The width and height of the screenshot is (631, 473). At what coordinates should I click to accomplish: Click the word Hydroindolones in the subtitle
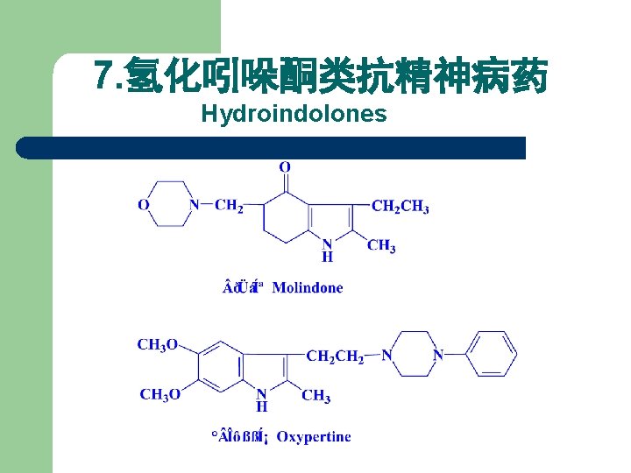click(294, 115)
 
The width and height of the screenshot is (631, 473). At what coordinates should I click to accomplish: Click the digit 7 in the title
click(104, 77)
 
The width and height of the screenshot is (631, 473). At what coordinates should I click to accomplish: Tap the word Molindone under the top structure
click(308, 288)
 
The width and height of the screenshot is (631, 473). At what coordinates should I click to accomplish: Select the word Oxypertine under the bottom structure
click(313, 436)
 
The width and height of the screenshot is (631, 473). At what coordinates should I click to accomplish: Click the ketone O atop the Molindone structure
click(285, 166)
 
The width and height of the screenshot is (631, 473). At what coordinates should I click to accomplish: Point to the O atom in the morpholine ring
click(144, 205)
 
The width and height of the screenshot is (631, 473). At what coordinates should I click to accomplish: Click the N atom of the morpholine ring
click(195, 205)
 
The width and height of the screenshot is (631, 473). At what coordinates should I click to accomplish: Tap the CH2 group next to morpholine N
click(230, 206)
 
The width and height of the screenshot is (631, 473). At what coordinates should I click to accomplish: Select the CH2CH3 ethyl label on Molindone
click(401, 207)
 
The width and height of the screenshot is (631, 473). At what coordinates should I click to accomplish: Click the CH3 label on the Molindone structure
click(380, 246)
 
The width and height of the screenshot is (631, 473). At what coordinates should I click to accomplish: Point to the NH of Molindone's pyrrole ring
click(327, 250)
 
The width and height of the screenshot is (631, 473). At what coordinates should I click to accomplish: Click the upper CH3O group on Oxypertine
click(158, 344)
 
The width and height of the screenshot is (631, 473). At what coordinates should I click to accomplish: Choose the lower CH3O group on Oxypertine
click(160, 394)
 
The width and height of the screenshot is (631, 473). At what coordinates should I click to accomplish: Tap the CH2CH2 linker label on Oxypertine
click(335, 356)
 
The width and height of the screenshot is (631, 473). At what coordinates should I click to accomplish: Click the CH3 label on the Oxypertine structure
click(315, 397)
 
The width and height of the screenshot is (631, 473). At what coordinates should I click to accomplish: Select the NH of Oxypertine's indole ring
click(261, 399)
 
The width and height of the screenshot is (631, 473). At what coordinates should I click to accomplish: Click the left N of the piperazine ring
click(387, 355)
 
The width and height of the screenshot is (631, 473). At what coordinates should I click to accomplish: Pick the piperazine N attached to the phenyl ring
click(438, 355)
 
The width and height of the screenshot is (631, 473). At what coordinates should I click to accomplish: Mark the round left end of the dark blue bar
click(26, 148)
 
